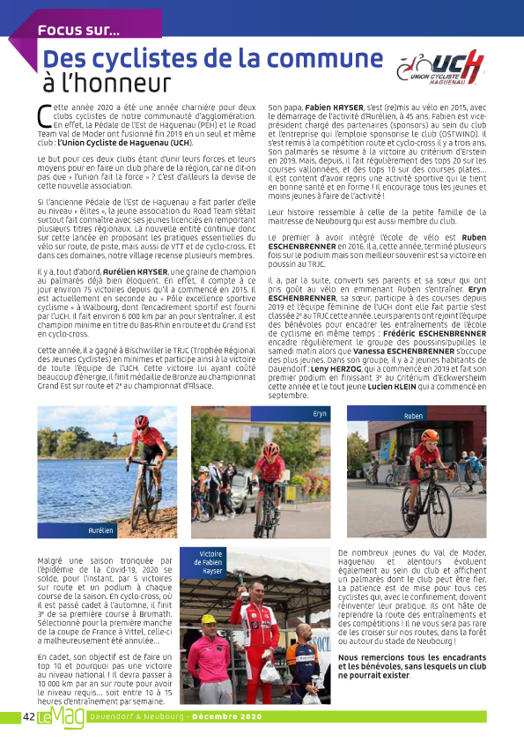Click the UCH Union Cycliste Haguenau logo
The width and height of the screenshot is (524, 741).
click(x=440, y=68)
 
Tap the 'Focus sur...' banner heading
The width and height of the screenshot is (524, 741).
click(x=78, y=29)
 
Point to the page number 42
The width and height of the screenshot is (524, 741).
click(x=27, y=717)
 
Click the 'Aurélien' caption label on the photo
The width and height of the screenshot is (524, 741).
click(x=101, y=531)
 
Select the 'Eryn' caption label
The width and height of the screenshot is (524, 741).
click(x=318, y=412)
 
